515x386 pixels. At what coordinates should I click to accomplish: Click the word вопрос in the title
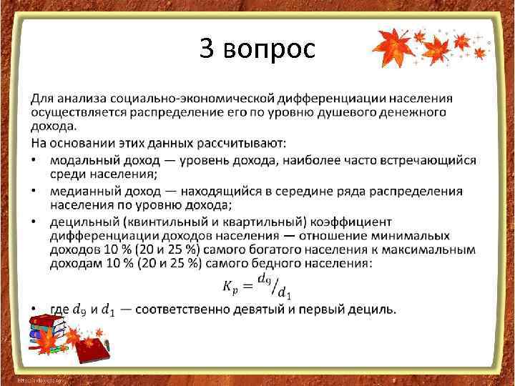coord(269,49)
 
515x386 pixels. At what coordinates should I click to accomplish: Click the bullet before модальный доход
coord(34,160)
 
